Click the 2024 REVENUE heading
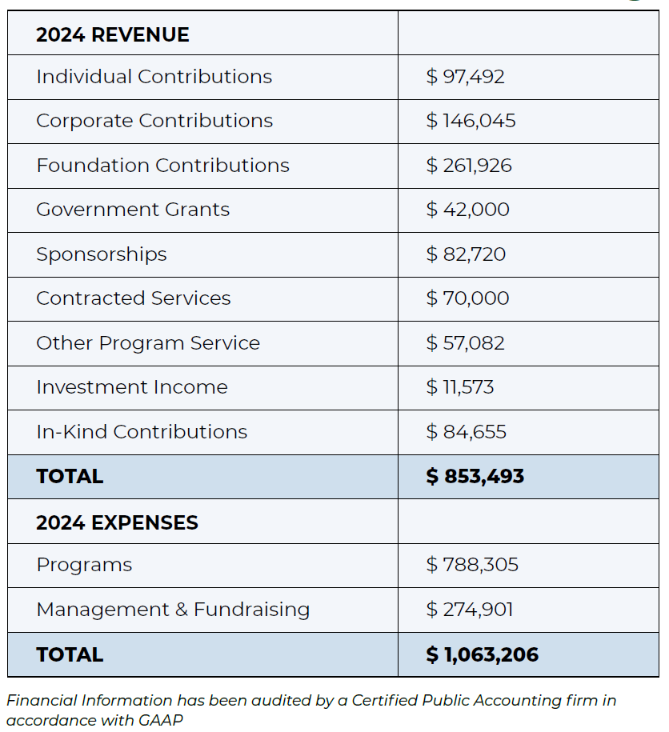(113, 35)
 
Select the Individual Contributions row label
(154, 77)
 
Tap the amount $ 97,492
(466, 77)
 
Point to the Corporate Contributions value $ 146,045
(471, 121)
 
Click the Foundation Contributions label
(163, 166)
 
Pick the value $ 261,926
(469, 166)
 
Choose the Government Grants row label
(133, 210)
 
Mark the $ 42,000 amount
(468, 210)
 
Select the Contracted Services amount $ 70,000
(467, 298)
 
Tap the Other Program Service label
(148, 343)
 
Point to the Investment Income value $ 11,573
(460, 387)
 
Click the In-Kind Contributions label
(142, 432)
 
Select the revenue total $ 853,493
(475, 476)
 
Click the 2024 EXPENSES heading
(117, 523)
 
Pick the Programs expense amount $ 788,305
(472, 565)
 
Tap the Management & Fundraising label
(173, 610)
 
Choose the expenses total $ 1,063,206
(483, 654)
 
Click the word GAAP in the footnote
(161, 720)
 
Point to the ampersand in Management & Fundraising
(182, 610)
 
